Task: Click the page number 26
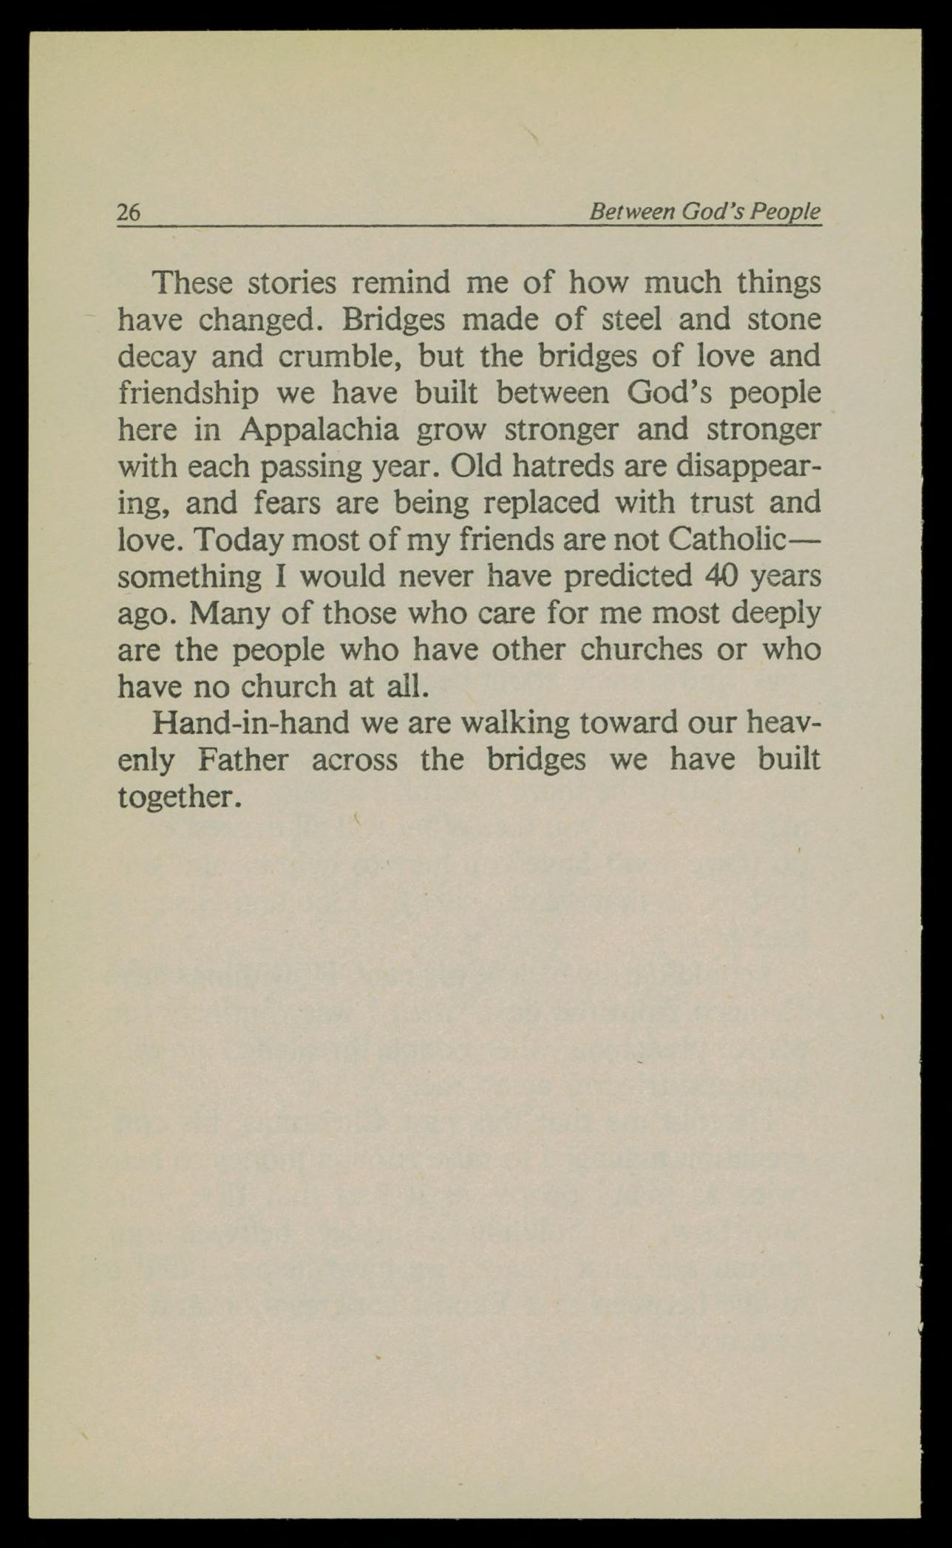tap(128, 212)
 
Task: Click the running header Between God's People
tap(704, 212)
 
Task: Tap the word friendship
tap(188, 394)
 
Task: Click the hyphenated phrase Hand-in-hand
tap(251, 723)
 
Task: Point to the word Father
tap(243, 760)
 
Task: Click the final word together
tap(180, 797)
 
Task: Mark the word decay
tap(157, 358)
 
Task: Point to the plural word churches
tap(641, 650)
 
